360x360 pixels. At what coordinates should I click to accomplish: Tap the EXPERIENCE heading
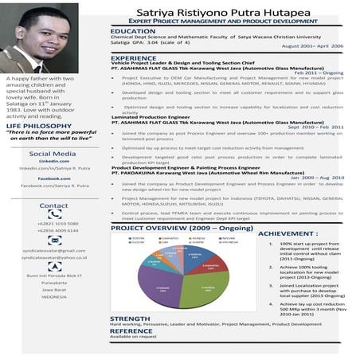click(x=135, y=58)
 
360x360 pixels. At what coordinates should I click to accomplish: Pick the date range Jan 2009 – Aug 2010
click(x=319, y=177)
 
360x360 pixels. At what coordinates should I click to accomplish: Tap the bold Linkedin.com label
click(x=53, y=161)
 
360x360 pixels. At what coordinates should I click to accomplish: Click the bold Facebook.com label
click(x=53, y=178)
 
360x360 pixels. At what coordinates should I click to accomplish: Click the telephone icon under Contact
click(x=53, y=215)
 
